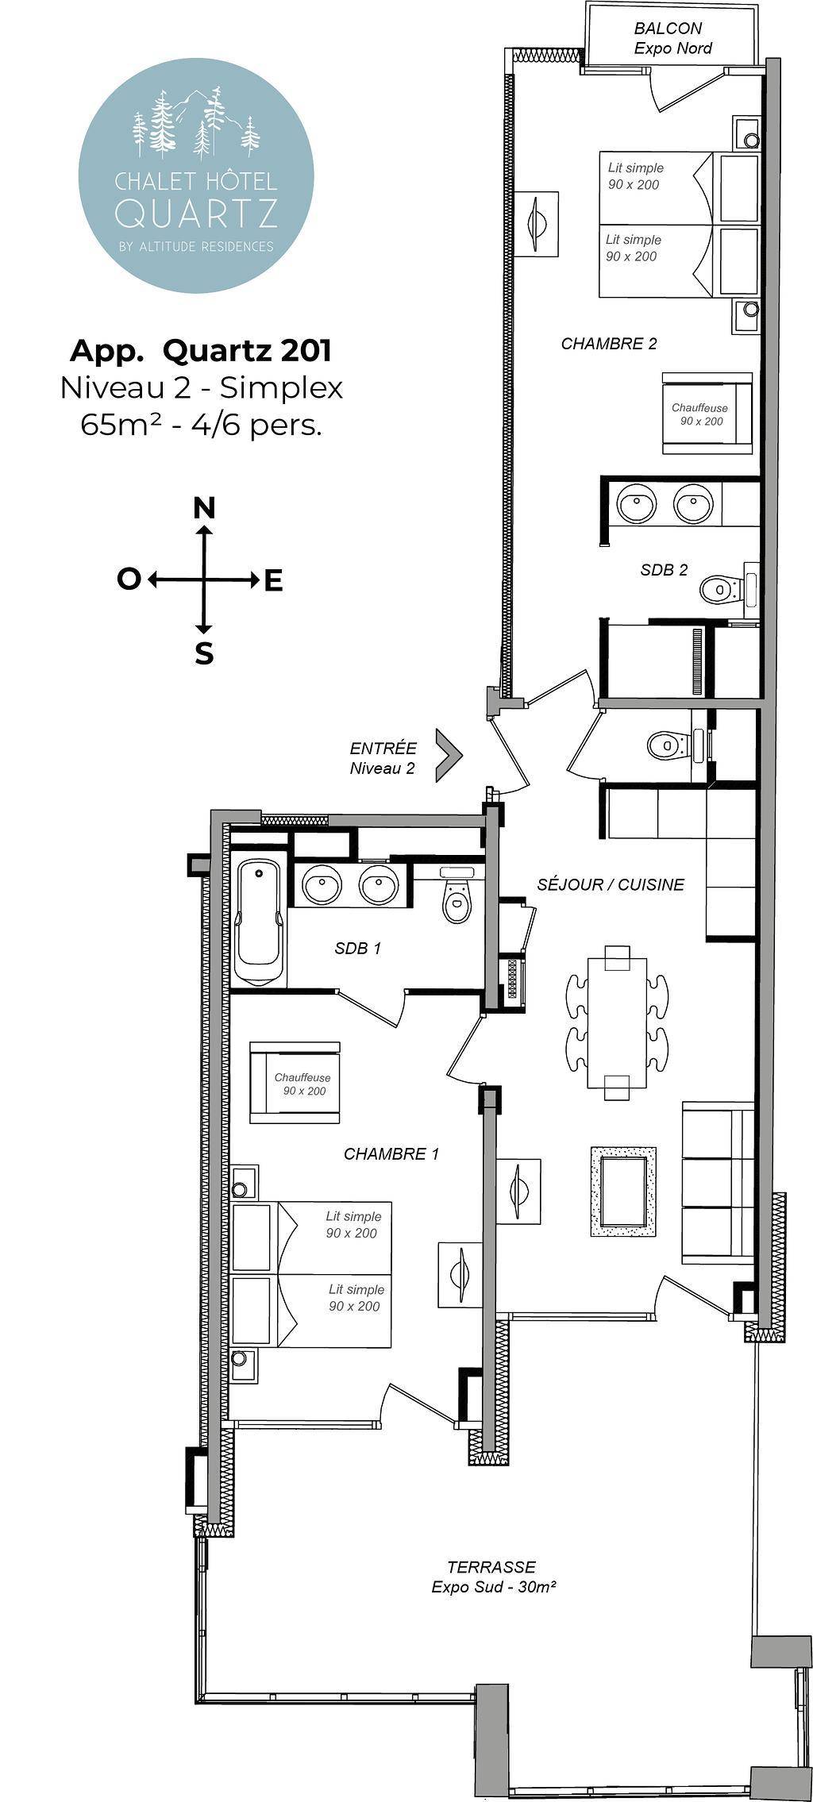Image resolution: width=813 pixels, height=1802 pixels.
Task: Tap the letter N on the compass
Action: pyautogui.click(x=205, y=508)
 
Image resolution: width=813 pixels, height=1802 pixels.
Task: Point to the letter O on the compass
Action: pyautogui.click(x=128, y=579)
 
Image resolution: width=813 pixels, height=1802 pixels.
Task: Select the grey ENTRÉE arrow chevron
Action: pyautogui.click(x=449, y=757)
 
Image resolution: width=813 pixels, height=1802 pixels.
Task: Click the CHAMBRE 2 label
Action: pyautogui.click(x=609, y=344)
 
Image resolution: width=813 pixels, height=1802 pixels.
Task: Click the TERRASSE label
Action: pyautogui.click(x=492, y=1568)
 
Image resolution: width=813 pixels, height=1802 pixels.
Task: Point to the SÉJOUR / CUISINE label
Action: pyautogui.click(x=611, y=884)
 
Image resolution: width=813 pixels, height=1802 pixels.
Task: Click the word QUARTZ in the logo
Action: pyautogui.click(x=196, y=212)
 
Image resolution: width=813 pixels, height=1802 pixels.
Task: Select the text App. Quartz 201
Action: pyautogui.click(x=201, y=350)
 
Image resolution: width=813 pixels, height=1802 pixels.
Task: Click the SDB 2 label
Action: pyautogui.click(x=664, y=570)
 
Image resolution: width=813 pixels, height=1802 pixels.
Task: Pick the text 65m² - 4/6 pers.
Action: pyautogui.click(x=201, y=426)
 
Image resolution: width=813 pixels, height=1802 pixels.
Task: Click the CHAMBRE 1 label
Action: pyautogui.click(x=391, y=1154)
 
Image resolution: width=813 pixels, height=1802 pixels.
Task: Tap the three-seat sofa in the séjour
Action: pyautogui.click(x=718, y=1182)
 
